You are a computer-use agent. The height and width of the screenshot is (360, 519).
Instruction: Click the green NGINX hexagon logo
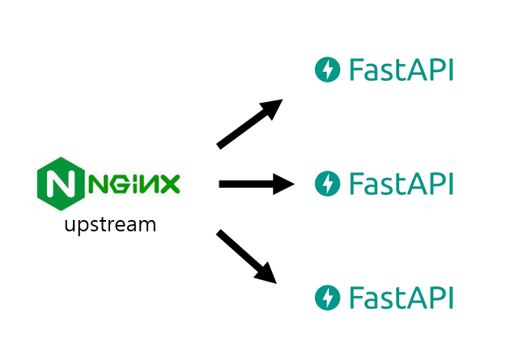point(61,184)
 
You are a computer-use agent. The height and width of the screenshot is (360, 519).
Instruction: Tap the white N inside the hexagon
point(61,184)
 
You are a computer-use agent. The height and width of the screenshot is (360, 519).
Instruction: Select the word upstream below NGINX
point(110,225)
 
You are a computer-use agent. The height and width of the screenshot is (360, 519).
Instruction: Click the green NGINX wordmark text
point(134,184)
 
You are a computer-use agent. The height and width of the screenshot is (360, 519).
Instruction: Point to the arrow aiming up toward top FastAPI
point(249,124)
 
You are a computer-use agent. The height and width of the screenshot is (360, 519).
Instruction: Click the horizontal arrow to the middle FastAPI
point(257,184)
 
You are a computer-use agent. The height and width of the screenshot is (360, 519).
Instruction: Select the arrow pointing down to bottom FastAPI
point(247,256)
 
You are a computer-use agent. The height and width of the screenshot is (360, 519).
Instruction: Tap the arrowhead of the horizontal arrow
point(283,184)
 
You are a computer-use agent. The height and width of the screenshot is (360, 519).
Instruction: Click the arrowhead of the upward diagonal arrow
point(272,108)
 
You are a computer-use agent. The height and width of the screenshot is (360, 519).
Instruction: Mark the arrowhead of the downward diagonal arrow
point(267,274)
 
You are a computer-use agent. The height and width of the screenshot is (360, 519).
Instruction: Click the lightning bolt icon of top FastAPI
point(327,70)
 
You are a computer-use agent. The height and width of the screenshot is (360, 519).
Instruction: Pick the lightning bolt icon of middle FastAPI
point(327,184)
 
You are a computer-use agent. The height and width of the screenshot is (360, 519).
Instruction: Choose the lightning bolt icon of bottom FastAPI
point(327,298)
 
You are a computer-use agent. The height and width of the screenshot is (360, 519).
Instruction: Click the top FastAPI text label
point(401,70)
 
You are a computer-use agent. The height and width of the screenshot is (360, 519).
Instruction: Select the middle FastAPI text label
point(401,184)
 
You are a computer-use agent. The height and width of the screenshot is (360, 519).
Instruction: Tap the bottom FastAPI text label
point(401,298)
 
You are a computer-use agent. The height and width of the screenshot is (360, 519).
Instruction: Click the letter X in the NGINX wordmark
point(169,184)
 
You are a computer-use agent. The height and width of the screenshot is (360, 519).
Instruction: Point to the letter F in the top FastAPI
point(355,70)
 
